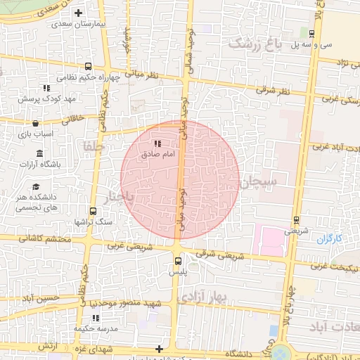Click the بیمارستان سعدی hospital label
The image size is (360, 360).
coord(77,24)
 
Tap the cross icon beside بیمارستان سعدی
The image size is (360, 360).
coord(78,13)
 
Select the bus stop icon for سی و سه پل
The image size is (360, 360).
coord(312,33)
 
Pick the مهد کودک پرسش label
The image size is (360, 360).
coord(46,98)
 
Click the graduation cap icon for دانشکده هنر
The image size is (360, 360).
coord(36,186)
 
